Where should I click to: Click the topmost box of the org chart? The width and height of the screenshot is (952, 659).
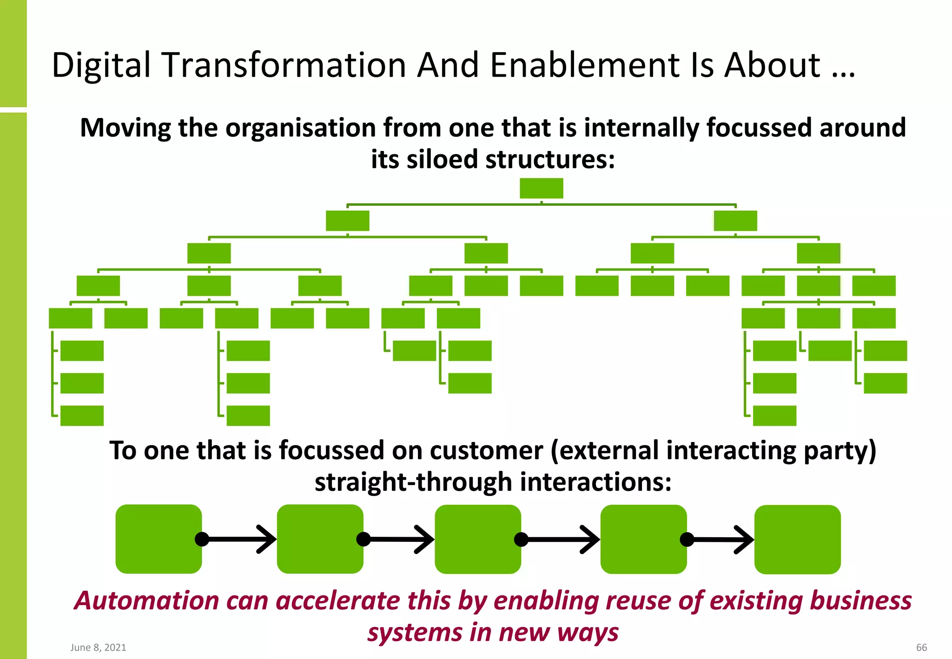(x=541, y=188)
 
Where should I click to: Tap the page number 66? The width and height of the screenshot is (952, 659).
(x=921, y=647)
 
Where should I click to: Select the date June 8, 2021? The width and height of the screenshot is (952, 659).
(x=98, y=647)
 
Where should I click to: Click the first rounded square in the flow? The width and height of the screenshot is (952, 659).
(x=159, y=539)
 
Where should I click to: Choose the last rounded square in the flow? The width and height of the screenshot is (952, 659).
(x=797, y=540)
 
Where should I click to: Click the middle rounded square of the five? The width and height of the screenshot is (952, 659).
(x=477, y=539)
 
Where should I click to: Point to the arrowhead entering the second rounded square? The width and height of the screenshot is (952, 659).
(x=268, y=539)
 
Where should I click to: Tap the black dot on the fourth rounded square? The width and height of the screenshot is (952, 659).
(x=687, y=540)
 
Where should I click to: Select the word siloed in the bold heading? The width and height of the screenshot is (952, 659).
(x=442, y=159)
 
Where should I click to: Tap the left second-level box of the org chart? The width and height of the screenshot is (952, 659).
(x=347, y=221)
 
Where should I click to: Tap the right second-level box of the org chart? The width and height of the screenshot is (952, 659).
(x=735, y=221)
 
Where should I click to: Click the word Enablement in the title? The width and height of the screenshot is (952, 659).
(x=585, y=65)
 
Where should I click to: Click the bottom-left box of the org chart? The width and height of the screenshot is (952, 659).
(x=82, y=415)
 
